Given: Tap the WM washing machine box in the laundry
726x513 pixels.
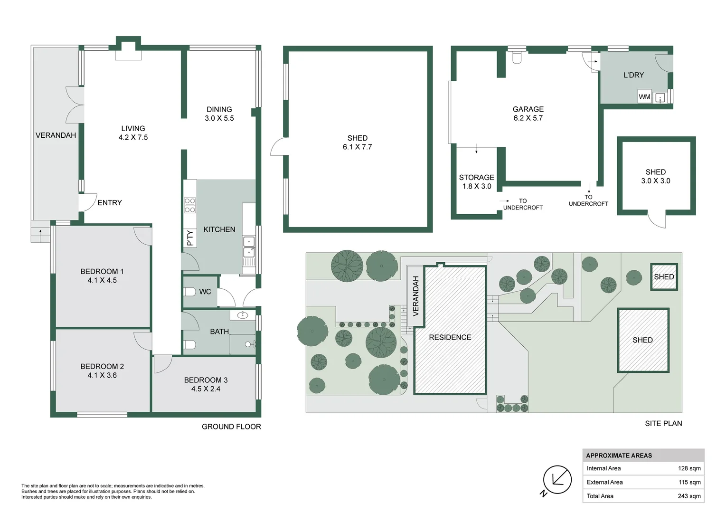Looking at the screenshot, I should click(x=644, y=97).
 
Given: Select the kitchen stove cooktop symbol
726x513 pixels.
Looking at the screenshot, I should click(x=190, y=205).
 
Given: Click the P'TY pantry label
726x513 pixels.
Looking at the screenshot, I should click(x=190, y=237).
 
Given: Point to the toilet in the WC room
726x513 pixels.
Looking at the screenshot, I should click(x=190, y=292).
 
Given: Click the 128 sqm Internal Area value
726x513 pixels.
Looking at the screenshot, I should click(x=689, y=468).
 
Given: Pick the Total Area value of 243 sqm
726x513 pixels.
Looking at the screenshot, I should click(x=689, y=496).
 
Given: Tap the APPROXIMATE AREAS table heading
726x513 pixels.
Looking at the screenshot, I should click(x=619, y=456).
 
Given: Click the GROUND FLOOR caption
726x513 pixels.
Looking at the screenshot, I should click(x=231, y=427).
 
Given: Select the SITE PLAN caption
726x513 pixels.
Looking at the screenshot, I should click(x=663, y=423).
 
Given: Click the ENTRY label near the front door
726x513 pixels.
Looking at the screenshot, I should click(x=110, y=203).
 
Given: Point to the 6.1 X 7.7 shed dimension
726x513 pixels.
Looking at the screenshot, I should click(x=357, y=147).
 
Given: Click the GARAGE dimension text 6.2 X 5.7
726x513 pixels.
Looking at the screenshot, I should click(x=528, y=118).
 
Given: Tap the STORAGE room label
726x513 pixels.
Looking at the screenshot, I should click(x=476, y=178).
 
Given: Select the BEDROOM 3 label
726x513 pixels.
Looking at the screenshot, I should click(x=206, y=380).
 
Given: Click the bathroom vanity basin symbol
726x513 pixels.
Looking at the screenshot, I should click(x=243, y=314).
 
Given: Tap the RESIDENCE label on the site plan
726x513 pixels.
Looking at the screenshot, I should click(x=450, y=337).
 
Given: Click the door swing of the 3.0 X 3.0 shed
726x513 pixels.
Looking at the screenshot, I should click(x=659, y=219).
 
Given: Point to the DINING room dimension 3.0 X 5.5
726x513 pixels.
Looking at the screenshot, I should click(x=219, y=118).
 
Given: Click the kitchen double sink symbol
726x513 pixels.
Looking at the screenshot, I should click(x=249, y=247).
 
